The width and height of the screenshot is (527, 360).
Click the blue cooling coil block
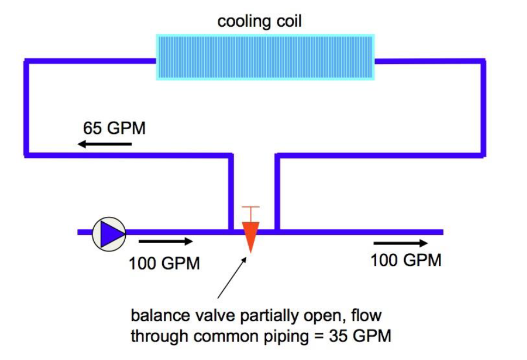(265, 57)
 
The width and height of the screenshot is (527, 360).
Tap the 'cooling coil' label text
(260, 21)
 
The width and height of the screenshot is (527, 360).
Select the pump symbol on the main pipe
(109, 234)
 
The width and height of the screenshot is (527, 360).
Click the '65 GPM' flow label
(114, 128)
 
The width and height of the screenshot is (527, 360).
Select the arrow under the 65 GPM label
(105, 144)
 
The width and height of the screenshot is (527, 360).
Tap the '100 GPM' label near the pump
(164, 263)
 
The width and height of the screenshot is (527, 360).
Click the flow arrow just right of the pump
(166, 241)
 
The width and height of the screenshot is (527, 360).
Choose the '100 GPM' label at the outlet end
(406, 260)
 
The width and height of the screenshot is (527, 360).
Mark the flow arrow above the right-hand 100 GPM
(401, 243)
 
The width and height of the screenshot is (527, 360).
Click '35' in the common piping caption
(339, 336)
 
